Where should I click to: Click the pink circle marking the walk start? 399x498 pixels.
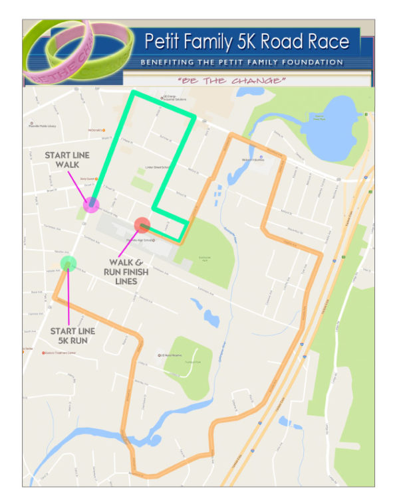[92, 205]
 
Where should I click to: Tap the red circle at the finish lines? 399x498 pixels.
[142, 226]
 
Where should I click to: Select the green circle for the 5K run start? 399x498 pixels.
[68, 264]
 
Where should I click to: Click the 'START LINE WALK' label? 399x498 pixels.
[67, 160]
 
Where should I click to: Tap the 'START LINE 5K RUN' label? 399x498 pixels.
[72, 336]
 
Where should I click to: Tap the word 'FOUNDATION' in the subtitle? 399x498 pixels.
[313, 62]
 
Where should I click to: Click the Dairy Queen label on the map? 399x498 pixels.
[90, 179]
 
